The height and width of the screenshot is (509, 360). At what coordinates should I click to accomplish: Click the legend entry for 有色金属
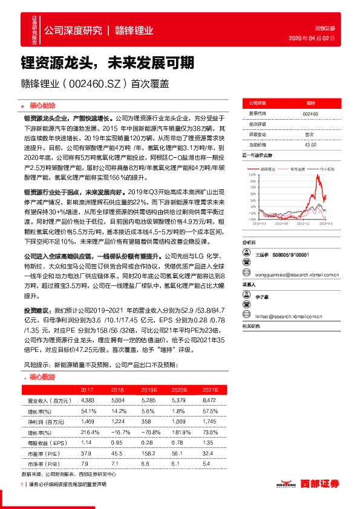[x=299, y=170]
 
